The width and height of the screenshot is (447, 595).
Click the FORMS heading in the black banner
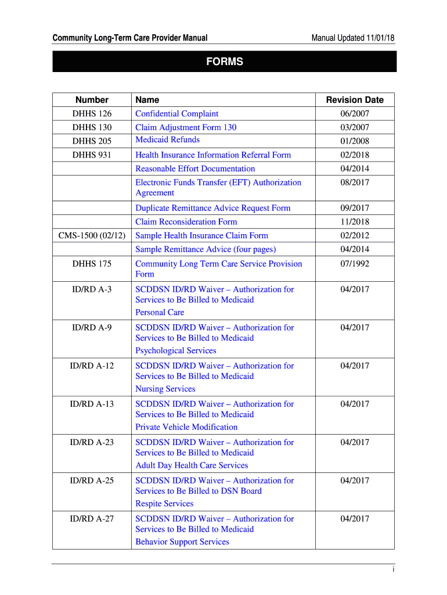click(224, 62)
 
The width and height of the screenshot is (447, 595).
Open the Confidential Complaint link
click(177, 114)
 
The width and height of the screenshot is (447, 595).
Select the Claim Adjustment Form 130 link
click(186, 127)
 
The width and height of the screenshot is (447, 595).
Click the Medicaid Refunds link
click(167, 140)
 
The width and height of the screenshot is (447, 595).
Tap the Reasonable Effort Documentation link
click(195, 169)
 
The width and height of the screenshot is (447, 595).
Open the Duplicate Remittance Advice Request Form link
click(213, 208)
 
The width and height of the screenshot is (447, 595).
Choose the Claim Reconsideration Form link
click(186, 222)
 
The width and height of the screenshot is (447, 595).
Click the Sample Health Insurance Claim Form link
click(202, 236)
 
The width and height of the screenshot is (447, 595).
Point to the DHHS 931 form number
click(92, 155)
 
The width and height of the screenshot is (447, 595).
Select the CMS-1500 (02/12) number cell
click(92, 236)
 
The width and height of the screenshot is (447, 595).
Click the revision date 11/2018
click(355, 222)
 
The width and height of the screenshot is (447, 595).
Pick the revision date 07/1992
click(355, 264)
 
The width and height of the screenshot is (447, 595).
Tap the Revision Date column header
click(355, 100)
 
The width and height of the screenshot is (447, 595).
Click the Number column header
click(92, 100)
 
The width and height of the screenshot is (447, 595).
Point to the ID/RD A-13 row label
click(92, 404)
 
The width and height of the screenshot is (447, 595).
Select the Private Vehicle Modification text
click(186, 427)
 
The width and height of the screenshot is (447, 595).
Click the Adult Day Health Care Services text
click(192, 465)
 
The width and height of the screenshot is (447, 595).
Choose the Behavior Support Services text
click(182, 542)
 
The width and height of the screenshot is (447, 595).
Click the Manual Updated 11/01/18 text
click(353, 39)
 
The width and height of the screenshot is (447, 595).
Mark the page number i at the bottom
click(393, 569)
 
